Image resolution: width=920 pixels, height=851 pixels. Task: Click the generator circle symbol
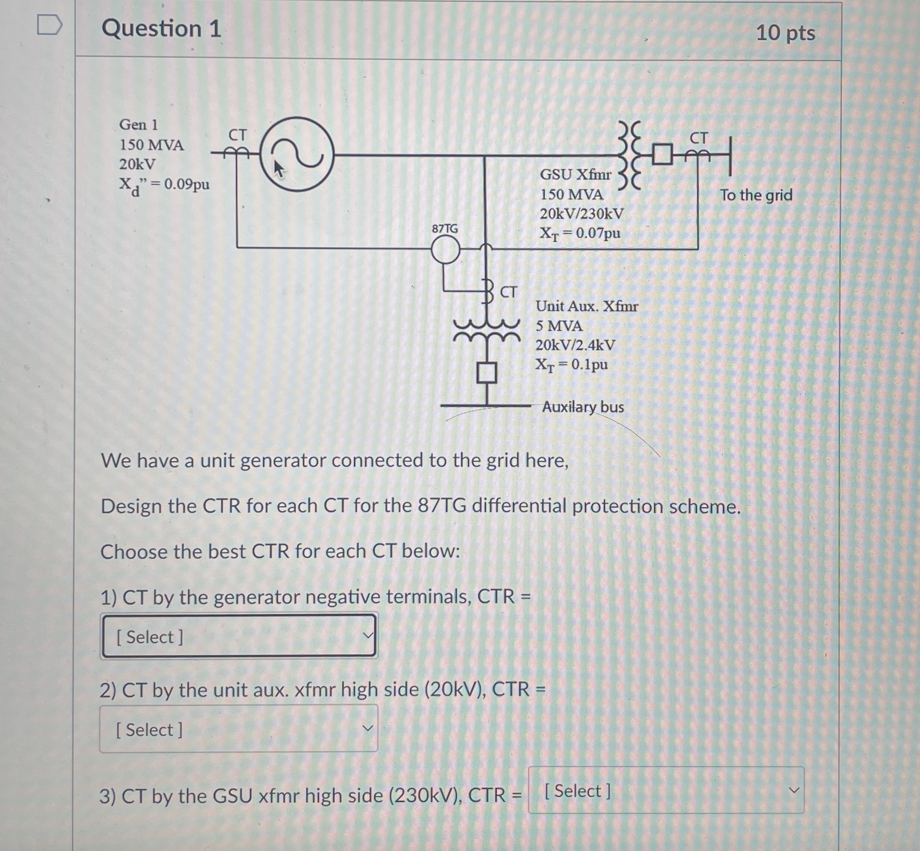click(297, 154)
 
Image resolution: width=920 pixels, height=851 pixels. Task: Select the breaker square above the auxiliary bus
click(486, 373)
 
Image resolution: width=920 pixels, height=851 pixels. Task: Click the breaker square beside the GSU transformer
click(662, 155)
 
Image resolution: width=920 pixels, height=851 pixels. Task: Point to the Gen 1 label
click(138, 124)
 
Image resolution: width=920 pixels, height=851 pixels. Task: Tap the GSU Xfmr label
click(575, 174)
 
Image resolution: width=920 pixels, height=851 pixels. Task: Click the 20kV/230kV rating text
click(581, 214)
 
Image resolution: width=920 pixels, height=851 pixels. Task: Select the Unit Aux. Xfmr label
click(586, 306)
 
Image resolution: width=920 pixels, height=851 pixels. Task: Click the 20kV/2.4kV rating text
click(575, 345)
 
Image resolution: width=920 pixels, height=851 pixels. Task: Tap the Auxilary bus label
click(583, 407)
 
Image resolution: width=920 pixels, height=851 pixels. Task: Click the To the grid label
click(756, 195)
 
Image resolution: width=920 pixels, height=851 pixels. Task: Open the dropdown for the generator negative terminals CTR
click(239, 636)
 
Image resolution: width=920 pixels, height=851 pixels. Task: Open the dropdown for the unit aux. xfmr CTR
click(239, 729)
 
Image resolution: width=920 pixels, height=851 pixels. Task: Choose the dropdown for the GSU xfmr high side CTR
click(666, 791)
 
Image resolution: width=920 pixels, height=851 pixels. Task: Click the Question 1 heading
click(161, 29)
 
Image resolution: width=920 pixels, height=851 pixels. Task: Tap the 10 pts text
click(785, 33)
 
